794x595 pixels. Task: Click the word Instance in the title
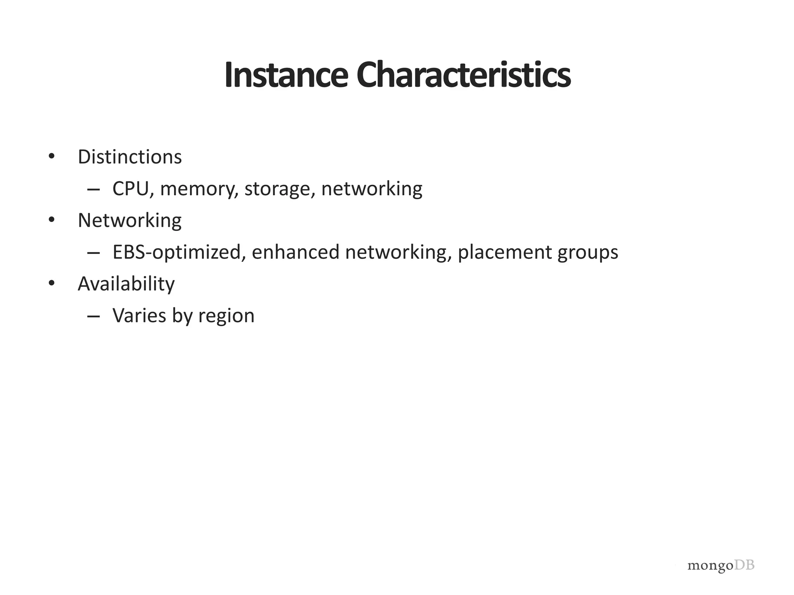click(x=286, y=75)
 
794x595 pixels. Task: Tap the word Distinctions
click(x=129, y=157)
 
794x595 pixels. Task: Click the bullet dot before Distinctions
click(x=52, y=156)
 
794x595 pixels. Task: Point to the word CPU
click(x=131, y=189)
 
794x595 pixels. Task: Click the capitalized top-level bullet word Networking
click(x=129, y=221)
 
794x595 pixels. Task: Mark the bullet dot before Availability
click(x=52, y=283)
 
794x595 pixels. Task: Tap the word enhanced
click(x=296, y=252)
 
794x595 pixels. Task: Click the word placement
click(x=504, y=253)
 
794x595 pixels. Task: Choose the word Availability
click(x=126, y=284)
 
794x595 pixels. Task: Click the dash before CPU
click(x=93, y=190)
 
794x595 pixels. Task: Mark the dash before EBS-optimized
click(x=93, y=253)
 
